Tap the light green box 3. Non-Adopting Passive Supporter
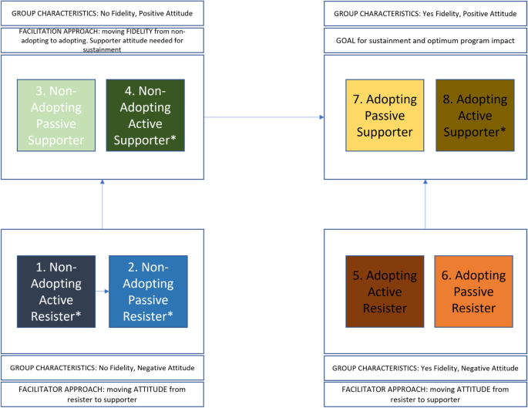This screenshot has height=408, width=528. [x=55, y=116]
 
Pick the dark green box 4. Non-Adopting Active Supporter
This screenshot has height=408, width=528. [x=144, y=116]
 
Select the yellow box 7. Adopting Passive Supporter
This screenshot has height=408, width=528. [x=384, y=116]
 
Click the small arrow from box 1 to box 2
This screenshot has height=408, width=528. [x=102, y=293]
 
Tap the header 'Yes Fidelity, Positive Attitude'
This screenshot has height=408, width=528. [x=425, y=13]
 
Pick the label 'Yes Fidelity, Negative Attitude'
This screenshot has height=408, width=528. [x=425, y=367]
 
